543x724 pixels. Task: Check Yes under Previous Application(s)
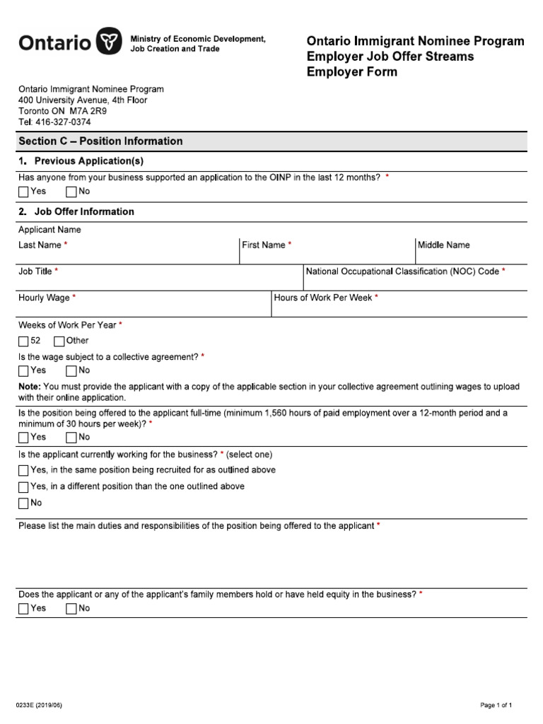tap(24, 192)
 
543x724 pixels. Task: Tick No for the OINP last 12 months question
tap(71, 192)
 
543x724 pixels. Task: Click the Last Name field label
tap(42, 245)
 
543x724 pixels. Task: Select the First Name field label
tap(266, 245)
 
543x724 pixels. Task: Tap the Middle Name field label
tap(443, 245)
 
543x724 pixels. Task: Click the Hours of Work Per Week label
tap(326, 298)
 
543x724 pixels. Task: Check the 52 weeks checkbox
tap(24, 341)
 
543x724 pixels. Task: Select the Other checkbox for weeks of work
tap(59, 341)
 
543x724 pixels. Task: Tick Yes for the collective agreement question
tap(24, 370)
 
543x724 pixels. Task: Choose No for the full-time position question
tap(71, 438)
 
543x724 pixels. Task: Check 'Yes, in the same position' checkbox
tap(24, 471)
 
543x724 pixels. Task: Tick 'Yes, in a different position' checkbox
tap(24, 487)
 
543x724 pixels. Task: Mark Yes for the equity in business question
tap(24, 609)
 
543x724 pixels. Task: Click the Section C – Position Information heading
tap(100, 141)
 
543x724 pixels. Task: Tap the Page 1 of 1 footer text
tap(496, 706)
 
